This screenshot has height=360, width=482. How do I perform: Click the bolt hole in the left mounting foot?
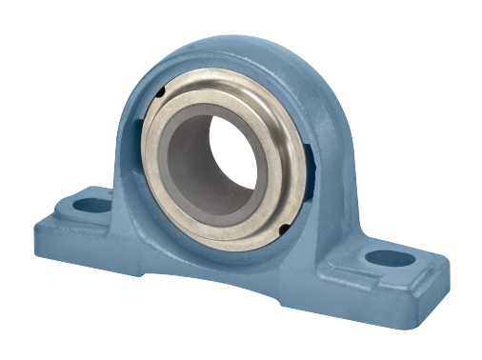92,204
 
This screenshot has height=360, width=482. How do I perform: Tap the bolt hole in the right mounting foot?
392,257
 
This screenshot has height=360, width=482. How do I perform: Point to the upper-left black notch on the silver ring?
162,92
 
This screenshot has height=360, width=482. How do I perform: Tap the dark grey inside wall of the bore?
191,162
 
